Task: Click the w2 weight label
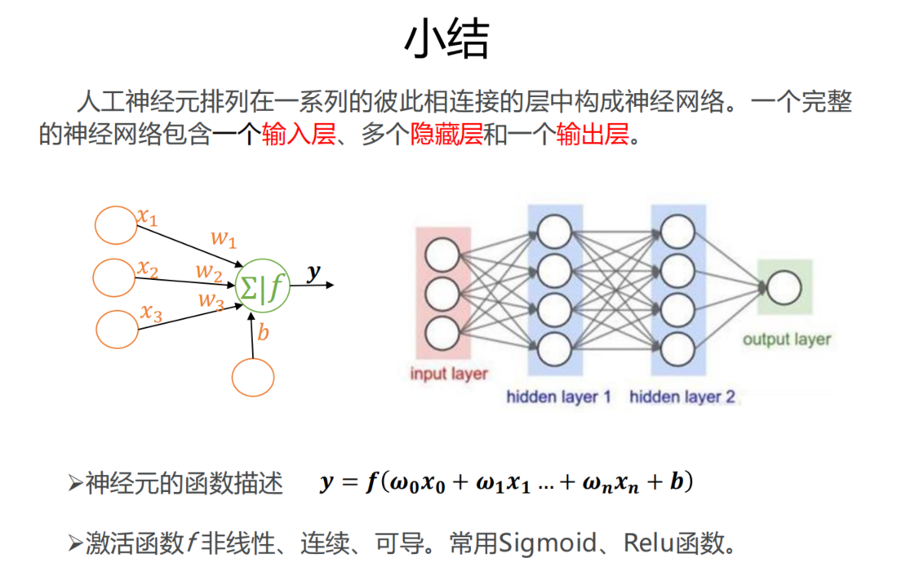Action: [x=209, y=271]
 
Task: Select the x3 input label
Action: [x=151, y=311]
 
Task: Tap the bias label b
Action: [x=263, y=332]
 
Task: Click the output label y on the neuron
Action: [x=313, y=273]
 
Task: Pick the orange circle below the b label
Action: [x=253, y=378]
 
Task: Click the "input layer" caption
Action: [x=448, y=374]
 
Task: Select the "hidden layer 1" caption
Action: [x=558, y=397]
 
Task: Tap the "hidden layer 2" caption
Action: [x=682, y=397]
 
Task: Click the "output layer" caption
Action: [x=786, y=339]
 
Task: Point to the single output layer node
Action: [x=784, y=286]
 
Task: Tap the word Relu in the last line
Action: [x=649, y=543]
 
